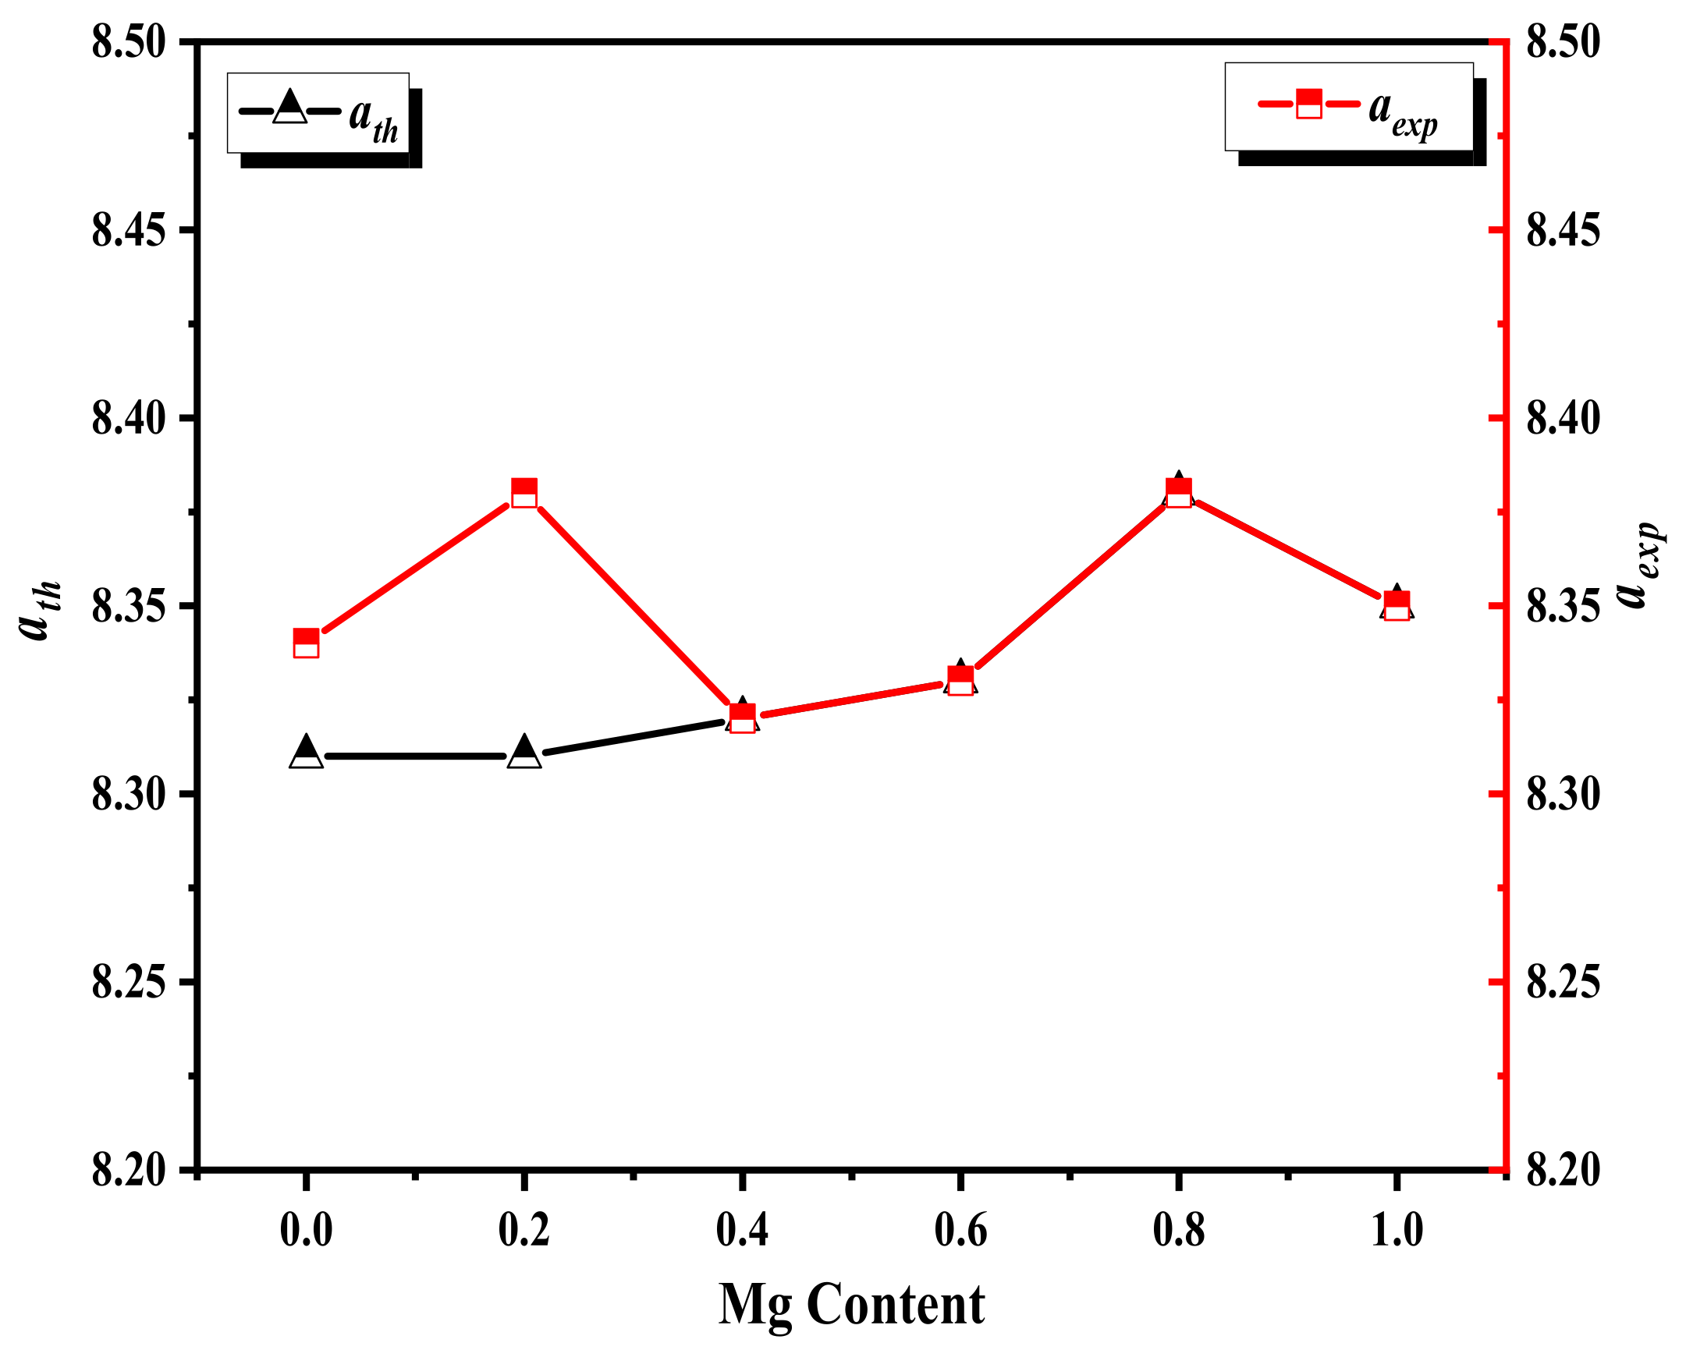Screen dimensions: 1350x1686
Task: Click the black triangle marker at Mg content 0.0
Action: [306, 753]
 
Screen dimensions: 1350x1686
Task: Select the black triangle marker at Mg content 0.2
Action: [524, 753]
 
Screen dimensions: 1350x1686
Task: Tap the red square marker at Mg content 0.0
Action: [306, 643]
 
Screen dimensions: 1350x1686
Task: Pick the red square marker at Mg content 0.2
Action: [524, 493]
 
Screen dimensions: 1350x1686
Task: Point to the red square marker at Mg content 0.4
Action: [742, 718]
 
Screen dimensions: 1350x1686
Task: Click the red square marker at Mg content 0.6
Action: [960, 681]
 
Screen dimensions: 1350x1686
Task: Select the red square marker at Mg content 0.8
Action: [1178, 493]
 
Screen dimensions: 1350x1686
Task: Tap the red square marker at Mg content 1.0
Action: [1397, 606]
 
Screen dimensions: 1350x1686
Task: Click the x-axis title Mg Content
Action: [851, 1304]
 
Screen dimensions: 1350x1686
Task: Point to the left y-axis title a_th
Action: [37, 610]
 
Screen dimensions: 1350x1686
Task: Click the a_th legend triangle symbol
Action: [290, 108]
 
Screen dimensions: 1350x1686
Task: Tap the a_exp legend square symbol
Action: [1309, 103]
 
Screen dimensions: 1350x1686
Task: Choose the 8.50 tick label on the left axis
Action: [129, 41]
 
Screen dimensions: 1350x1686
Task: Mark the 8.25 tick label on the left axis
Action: [129, 983]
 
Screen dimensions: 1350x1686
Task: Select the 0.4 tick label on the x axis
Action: [742, 1231]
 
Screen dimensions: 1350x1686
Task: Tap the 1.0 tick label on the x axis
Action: [1397, 1231]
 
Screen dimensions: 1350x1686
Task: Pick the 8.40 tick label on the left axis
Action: [129, 418]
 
